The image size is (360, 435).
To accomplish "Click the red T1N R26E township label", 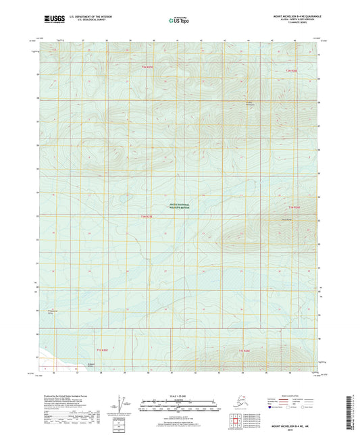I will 293,206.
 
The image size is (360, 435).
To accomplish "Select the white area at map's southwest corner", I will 51,361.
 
